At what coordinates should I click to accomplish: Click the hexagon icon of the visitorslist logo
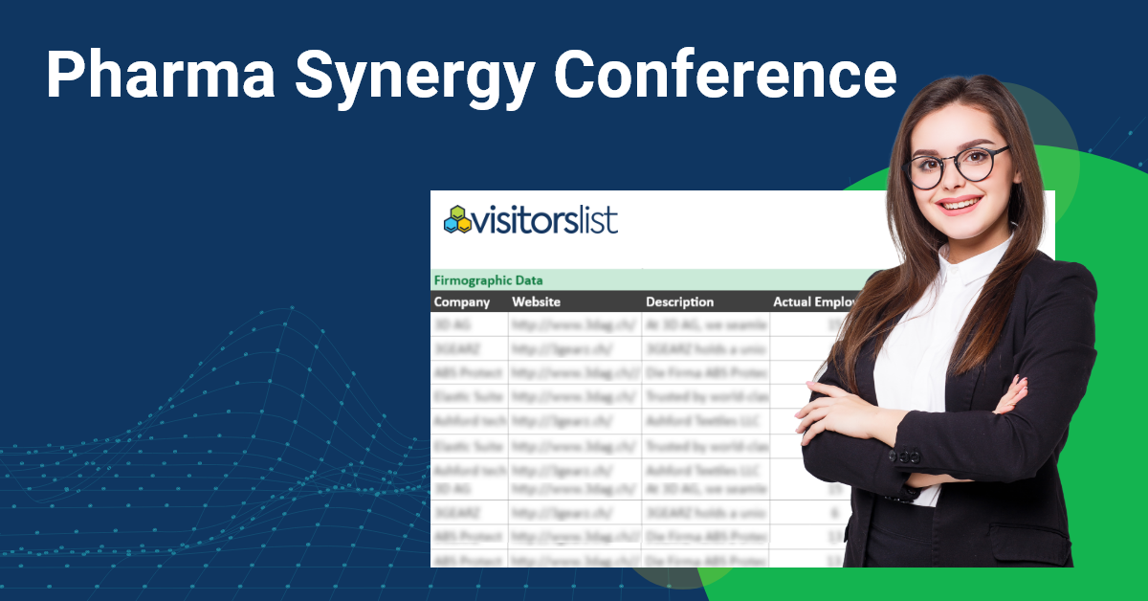click(x=456, y=219)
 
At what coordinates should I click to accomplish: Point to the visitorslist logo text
click(x=545, y=220)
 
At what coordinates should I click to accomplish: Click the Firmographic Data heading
click(x=489, y=280)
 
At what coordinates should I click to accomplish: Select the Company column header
click(x=462, y=302)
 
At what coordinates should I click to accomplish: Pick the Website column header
click(x=537, y=302)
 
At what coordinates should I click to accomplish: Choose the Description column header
click(x=679, y=302)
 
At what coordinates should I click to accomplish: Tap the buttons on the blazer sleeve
click(x=905, y=456)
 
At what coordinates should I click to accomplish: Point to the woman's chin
click(x=961, y=226)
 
